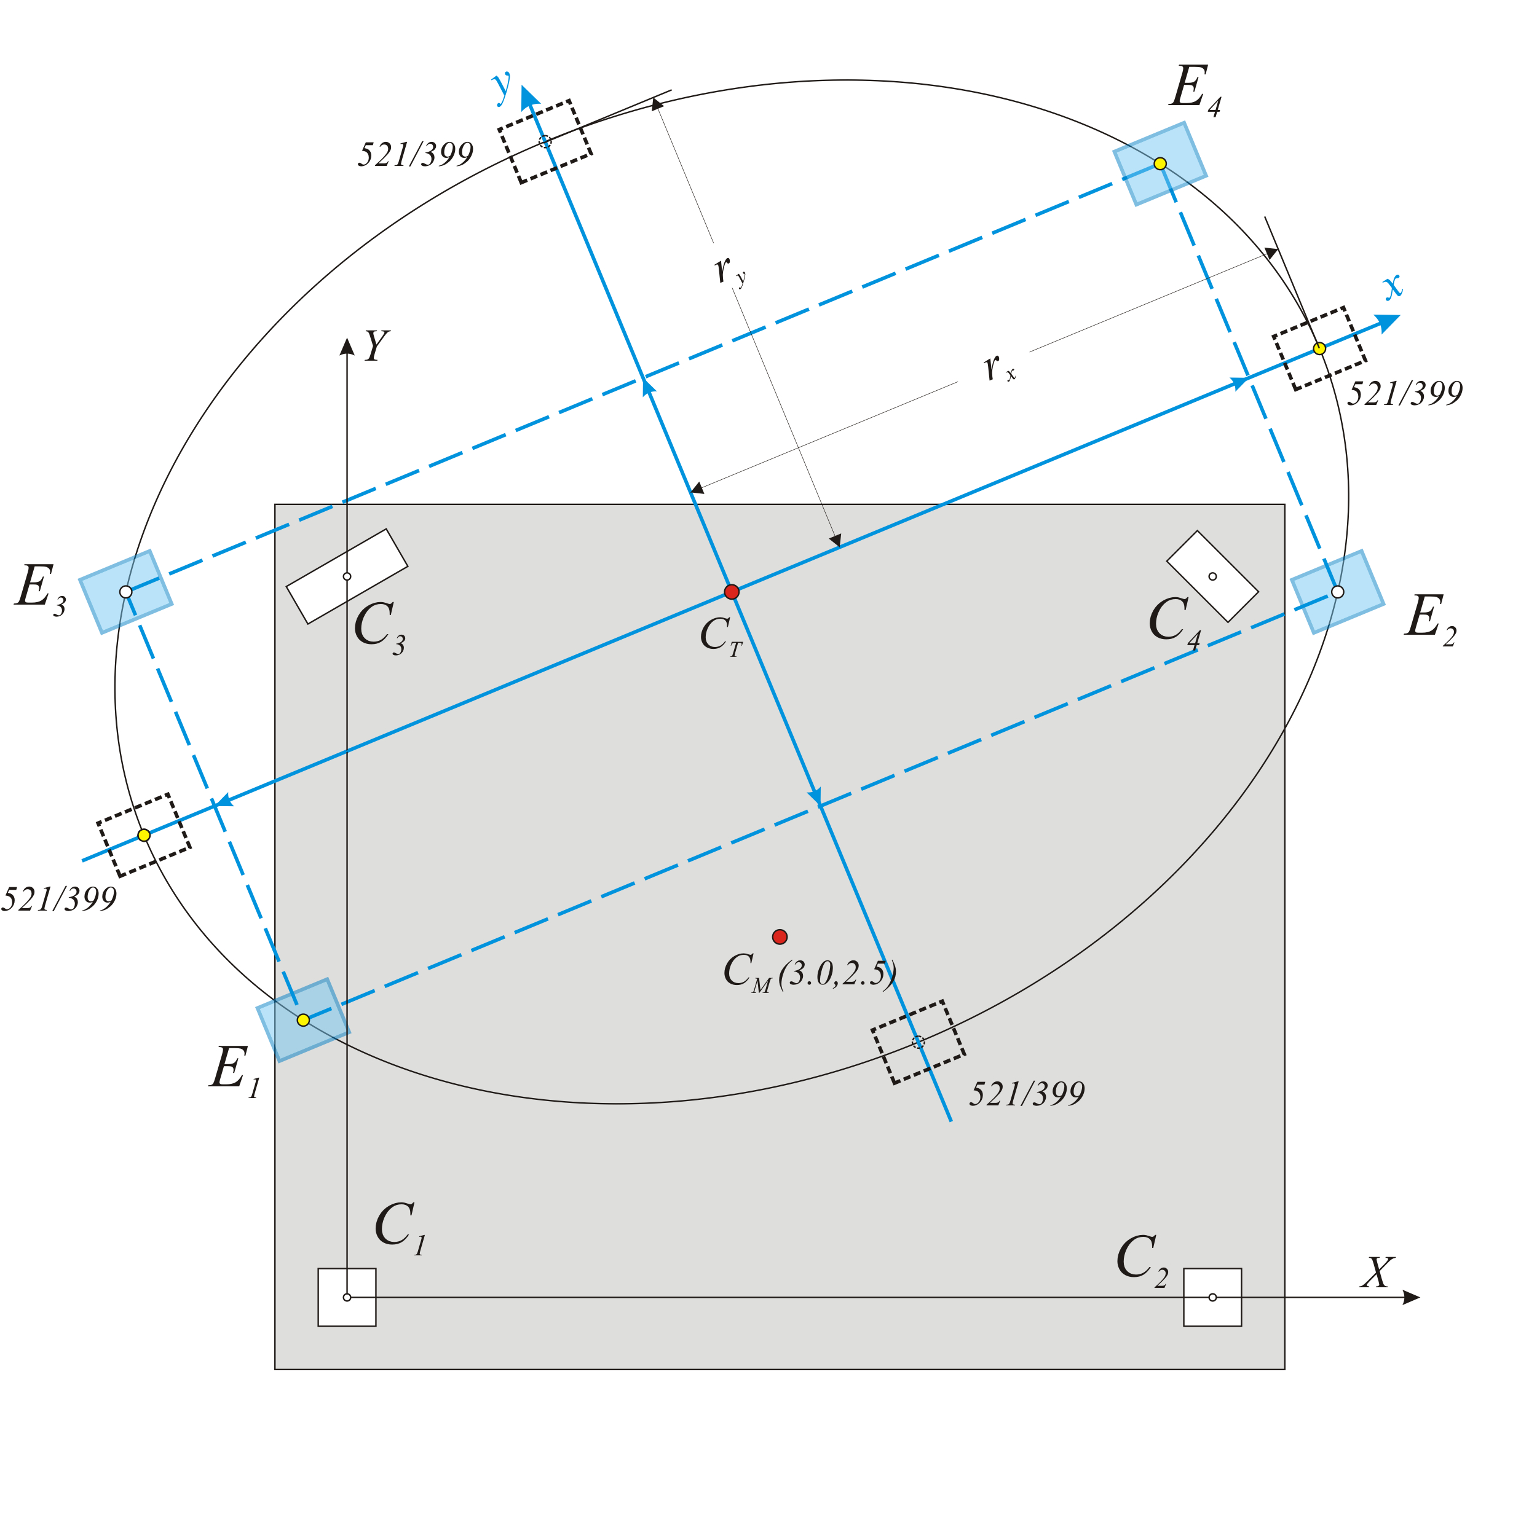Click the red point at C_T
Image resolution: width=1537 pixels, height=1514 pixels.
click(732, 592)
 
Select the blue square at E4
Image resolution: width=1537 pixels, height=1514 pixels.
click(1160, 164)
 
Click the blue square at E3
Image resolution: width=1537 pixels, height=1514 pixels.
click(125, 592)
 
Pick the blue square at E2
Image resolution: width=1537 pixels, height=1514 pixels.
click(1337, 592)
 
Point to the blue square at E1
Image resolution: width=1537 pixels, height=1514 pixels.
click(303, 1019)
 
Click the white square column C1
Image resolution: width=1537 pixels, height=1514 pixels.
click(347, 1297)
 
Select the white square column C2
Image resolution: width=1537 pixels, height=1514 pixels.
click(1212, 1297)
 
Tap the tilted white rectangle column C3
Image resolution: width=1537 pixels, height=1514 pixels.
click(347, 576)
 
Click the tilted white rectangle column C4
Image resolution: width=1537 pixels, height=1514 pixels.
click(1212, 576)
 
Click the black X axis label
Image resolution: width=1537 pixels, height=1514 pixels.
click(1377, 1273)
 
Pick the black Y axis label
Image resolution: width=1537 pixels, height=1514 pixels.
click(376, 346)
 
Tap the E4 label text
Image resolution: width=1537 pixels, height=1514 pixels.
click(1194, 89)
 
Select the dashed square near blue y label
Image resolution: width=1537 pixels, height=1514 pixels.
click(545, 141)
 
